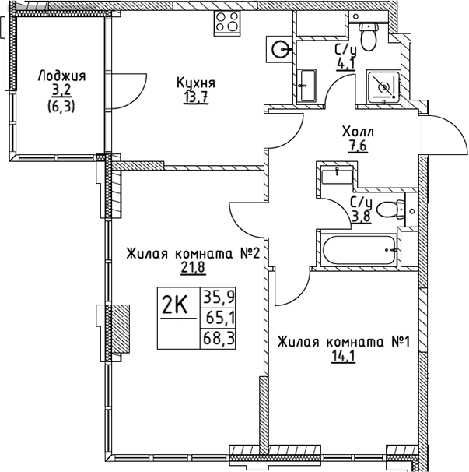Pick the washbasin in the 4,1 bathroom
pos(307,83)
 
